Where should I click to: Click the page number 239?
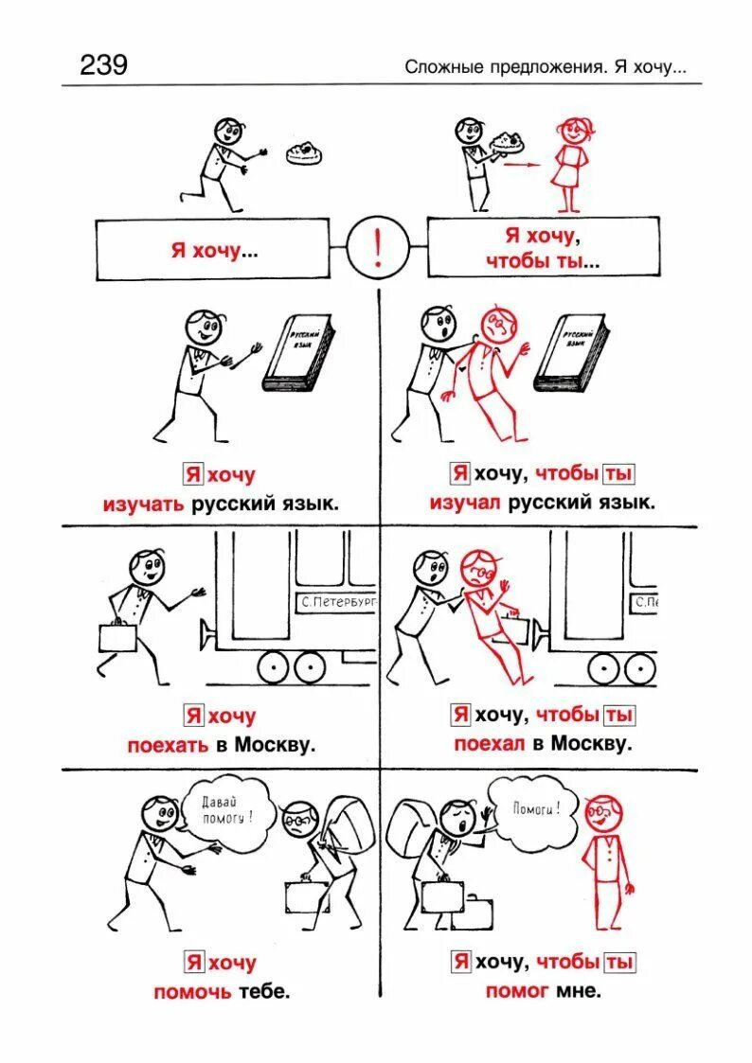coord(103,64)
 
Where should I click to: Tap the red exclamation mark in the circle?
coord(378,249)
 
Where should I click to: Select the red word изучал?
coord(465,503)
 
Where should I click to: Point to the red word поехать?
coord(169,745)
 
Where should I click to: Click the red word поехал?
coord(490,744)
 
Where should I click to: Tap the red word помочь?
coord(190,992)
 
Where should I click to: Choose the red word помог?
coord(517,991)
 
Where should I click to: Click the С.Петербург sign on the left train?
coord(337,602)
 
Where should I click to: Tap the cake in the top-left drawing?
coord(306,151)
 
